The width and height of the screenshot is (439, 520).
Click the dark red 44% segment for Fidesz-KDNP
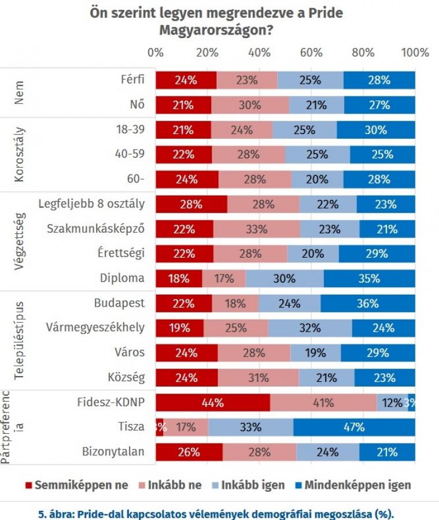point(212,402)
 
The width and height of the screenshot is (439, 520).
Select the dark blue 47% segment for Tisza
point(354,428)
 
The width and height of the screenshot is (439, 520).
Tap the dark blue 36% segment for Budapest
point(368,303)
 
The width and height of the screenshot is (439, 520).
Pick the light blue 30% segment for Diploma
point(285,278)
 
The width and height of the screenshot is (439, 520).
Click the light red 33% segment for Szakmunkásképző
point(256,228)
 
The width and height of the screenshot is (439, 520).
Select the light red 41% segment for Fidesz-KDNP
point(323,402)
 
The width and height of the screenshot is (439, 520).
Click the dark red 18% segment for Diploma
point(179,278)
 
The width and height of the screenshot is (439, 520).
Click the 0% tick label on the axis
point(156,53)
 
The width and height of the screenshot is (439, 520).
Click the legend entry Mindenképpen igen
point(352,485)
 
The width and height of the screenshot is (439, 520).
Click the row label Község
point(126,377)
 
